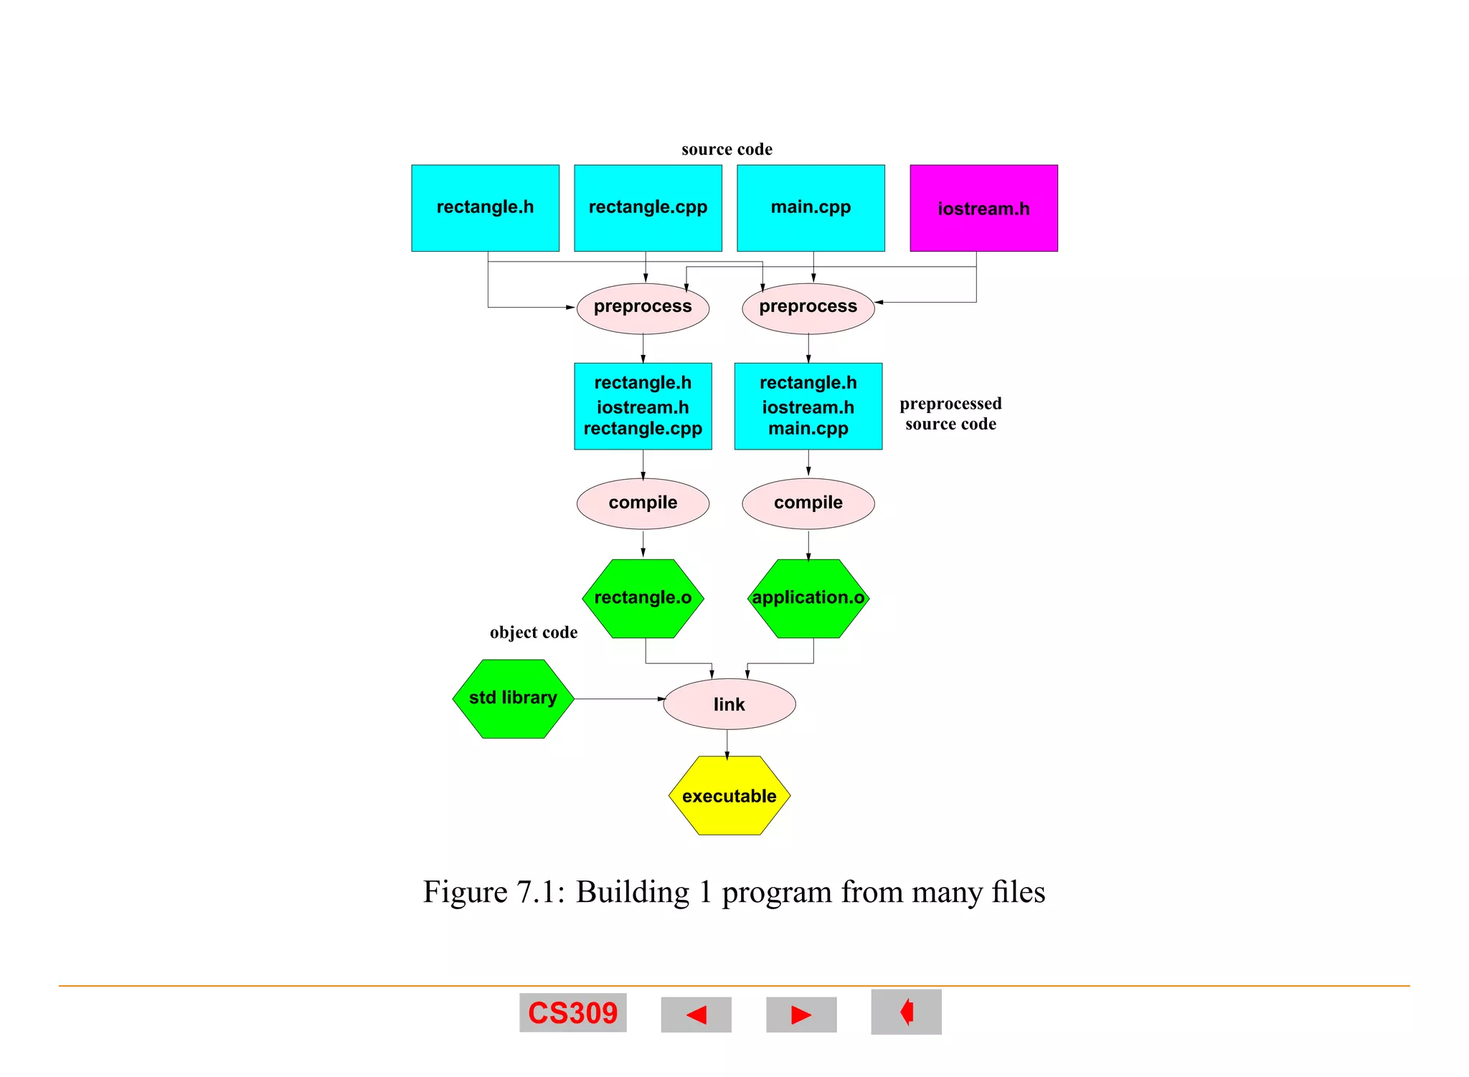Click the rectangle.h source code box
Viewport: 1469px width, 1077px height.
click(x=485, y=208)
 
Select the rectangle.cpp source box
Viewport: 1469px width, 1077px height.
click(x=648, y=208)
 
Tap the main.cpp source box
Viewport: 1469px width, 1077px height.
click(x=811, y=208)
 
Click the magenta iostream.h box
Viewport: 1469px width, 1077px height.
click(x=983, y=208)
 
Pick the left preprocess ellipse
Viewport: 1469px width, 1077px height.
click(x=643, y=308)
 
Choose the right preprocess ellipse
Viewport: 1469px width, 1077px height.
click(x=808, y=308)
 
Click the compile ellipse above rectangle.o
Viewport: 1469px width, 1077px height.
click(x=643, y=503)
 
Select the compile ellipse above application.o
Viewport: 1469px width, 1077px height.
click(x=808, y=503)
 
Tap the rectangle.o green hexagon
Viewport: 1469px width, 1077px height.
click(x=643, y=598)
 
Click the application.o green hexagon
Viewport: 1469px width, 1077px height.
click(x=808, y=598)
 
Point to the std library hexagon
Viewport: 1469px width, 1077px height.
click(x=513, y=698)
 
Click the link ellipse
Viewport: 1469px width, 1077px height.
click(x=729, y=704)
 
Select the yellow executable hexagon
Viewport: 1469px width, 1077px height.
click(x=729, y=795)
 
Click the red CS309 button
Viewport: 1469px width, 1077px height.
click(x=572, y=1012)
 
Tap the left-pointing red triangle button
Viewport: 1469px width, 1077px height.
click(x=696, y=1015)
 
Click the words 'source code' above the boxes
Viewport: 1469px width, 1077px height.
click(x=727, y=149)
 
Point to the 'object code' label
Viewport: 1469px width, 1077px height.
click(x=533, y=632)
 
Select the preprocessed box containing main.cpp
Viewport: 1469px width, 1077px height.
click(x=808, y=406)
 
